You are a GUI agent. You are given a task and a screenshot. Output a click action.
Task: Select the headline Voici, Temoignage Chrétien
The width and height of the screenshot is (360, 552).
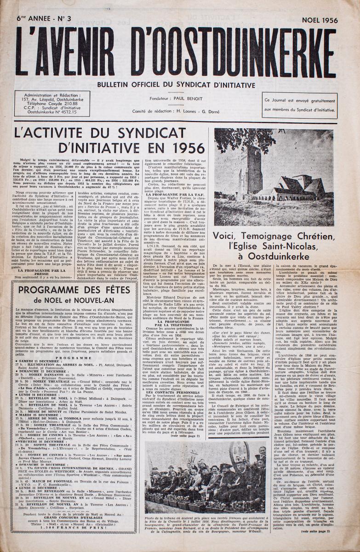pyautogui.click(x=274, y=246)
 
